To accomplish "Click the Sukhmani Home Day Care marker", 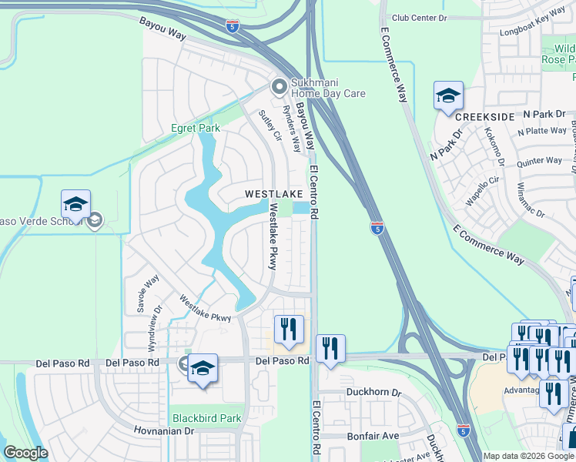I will click(279, 85).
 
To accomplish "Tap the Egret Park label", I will click(196, 128).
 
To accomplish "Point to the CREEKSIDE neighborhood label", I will click(484, 116).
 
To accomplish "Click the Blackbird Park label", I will click(206, 418).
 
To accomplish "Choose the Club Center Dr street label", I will click(419, 18).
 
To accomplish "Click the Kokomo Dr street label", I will click(494, 148).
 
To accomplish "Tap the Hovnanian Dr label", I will click(162, 431).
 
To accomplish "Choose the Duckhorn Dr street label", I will click(373, 392).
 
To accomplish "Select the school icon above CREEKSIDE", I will click(448, 96).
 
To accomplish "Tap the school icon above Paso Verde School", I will click(75, 205).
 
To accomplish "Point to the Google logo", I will click(25, 453).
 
